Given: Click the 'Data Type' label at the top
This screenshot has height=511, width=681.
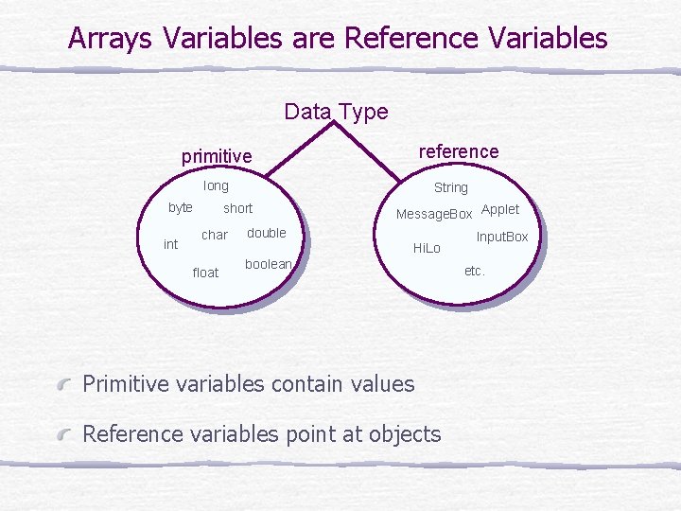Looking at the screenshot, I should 336,112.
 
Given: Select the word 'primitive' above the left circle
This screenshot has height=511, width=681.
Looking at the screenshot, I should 217,156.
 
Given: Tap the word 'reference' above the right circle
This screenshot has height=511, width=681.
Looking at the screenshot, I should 458,151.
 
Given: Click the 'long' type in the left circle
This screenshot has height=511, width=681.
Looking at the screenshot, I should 216,186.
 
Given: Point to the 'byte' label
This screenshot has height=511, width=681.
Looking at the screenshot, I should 180,208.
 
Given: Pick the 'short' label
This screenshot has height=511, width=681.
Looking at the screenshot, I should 237,208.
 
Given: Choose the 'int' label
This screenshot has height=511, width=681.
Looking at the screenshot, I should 170,244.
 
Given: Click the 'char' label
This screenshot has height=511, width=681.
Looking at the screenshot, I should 215,235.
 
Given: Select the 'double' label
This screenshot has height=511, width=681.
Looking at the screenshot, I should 266,233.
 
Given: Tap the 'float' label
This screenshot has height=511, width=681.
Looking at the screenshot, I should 205,273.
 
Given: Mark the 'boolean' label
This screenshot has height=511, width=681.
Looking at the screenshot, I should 268,264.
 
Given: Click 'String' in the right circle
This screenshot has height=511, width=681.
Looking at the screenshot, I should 450,187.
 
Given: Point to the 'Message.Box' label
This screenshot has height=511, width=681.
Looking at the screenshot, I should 433,215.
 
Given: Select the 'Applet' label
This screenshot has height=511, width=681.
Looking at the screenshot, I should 500,209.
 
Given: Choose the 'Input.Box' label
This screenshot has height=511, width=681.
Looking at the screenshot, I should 501,237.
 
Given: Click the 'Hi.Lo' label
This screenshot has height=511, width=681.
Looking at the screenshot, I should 427,248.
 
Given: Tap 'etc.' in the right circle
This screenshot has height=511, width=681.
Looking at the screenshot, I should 474,271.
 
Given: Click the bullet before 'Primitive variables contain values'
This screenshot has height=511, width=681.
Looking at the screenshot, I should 63,384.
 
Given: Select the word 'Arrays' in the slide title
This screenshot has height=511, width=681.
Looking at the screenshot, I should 112,38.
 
